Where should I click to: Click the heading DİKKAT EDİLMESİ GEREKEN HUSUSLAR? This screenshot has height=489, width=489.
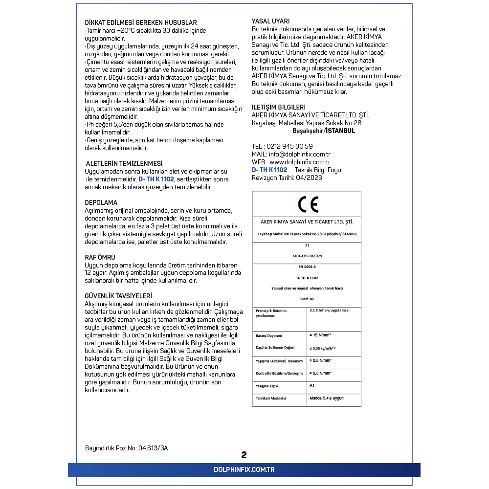click(141, 23)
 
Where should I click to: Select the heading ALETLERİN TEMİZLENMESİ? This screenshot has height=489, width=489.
click(124, 163)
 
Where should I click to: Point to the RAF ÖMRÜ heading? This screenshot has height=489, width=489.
click(100, 257)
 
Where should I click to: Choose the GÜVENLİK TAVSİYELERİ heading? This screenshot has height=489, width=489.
click(118, 296)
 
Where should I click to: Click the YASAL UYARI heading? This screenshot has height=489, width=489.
click(270, 21)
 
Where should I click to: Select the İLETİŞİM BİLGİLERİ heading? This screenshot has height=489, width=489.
click(278, 107)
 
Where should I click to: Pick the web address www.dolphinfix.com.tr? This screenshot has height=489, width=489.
click(300, 162)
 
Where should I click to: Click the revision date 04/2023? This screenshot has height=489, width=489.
click(309, 178)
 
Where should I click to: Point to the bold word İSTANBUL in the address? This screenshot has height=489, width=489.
click(341, 131)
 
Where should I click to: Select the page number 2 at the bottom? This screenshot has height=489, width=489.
click(244, 455)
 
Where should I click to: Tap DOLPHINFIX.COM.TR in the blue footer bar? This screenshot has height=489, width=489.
click(244, 469)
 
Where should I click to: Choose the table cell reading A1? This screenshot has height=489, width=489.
click(312, 385)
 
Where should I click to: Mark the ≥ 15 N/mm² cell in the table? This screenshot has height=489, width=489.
click(320, 335)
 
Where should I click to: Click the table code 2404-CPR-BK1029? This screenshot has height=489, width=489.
click(307, 256)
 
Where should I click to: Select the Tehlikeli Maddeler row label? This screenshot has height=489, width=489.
click(271, 398)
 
